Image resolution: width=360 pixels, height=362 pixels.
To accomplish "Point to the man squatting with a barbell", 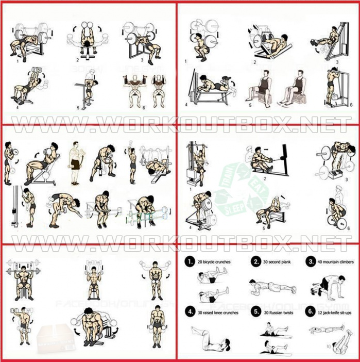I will (x=197, y=44).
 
